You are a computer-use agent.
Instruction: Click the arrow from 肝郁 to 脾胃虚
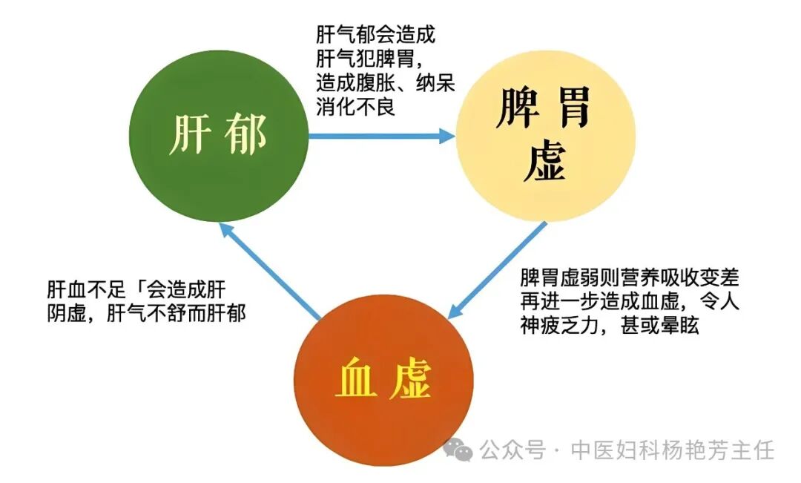click(381, 136)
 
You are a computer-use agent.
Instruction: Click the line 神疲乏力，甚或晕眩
click(609, 326)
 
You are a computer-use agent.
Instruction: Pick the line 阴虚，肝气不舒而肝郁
click(146, 314)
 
